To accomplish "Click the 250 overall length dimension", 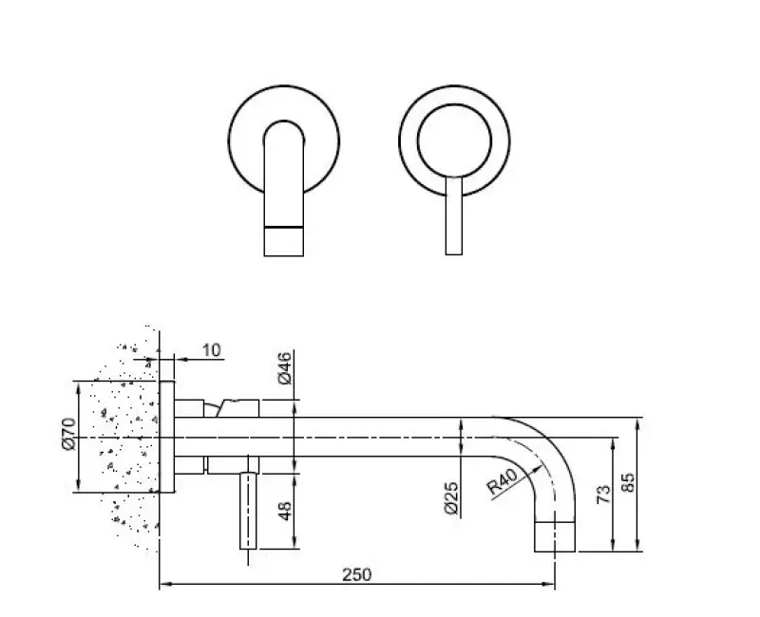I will pos(357,574).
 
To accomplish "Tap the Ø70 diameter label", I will pos(67,437).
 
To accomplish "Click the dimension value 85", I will pos(628,482).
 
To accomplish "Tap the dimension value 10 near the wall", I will pos(211,351).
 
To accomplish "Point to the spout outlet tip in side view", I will pos(557,535).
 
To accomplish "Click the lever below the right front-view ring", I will pos(454,218).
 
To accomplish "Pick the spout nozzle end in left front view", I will pos(283,241).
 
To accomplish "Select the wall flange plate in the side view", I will pos(168,438).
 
